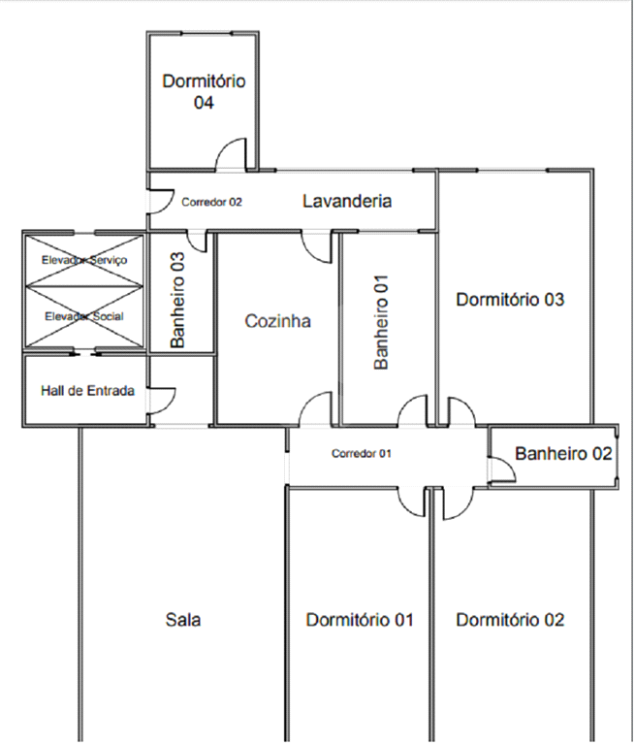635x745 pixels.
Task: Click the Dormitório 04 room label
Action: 204,92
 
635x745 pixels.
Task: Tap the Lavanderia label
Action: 347,201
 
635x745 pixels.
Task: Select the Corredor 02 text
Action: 211,202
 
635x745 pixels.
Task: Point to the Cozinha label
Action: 278,321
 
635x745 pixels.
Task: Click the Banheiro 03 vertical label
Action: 177,300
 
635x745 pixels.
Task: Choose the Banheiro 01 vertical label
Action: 381,322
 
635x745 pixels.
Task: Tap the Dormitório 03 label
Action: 510,300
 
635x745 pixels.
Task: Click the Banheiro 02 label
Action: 563,453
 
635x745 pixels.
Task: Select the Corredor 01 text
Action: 362,454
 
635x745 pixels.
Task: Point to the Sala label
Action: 183,620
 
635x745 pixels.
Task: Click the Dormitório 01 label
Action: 360,620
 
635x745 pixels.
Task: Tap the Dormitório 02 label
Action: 510,620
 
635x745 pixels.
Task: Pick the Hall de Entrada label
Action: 87,391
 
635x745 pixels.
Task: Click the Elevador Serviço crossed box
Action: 84,260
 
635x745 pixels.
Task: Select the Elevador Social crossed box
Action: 84,317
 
